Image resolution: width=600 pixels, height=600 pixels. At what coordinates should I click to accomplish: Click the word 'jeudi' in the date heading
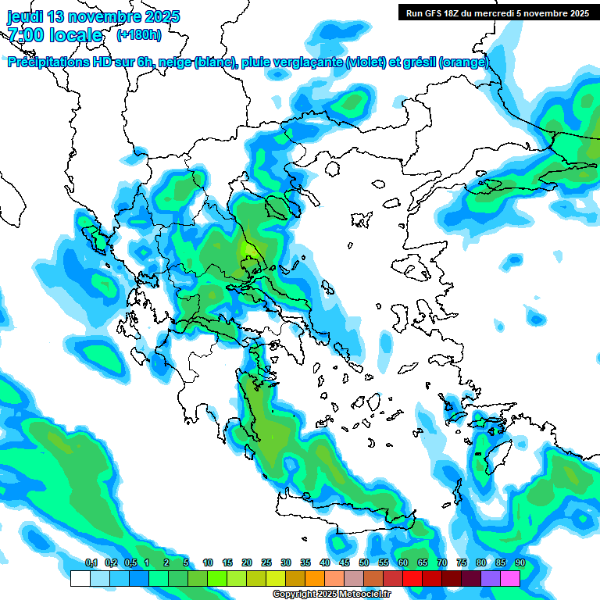(25, 16)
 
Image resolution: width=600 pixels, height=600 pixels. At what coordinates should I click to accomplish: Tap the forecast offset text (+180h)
(139, 35)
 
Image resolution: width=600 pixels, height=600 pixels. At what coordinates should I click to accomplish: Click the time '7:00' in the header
(25, 35)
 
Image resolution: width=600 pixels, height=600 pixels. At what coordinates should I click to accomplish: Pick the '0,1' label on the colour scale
(91, 562)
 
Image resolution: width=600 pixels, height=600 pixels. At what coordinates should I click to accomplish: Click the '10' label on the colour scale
(208, 562)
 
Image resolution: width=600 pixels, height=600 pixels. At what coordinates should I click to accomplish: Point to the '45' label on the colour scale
(345, 562)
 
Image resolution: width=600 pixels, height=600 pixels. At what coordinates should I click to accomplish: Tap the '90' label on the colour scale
(520, 562)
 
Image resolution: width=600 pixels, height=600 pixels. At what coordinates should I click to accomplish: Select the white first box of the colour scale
(80, 578)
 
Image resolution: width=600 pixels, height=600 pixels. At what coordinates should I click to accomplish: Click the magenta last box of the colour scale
(510, 578)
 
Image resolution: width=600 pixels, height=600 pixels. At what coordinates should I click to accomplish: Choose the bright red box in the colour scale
(412, 578)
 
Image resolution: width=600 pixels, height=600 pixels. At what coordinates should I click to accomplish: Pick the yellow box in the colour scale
(276, 578)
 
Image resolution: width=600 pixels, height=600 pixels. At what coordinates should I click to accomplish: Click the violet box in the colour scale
(491, 578)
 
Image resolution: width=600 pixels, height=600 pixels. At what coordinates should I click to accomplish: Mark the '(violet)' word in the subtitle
(365, 62)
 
